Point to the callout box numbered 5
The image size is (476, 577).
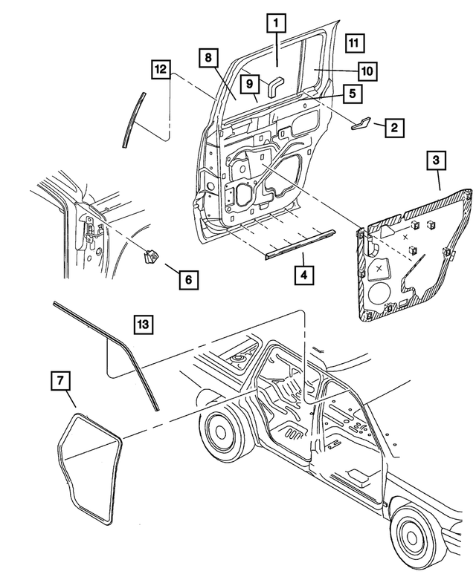pyautogui.click(x=353, y=94)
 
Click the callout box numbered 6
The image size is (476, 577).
pyautogui.click(x=188, y=280)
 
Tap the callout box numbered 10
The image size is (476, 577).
pyautogui.click(x=366, y=71)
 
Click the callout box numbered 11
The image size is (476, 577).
pyautogui.click(x=356, y=43)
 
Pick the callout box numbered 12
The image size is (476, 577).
pyautogui.click(x=159, y=69)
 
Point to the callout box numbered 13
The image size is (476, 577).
pyautogui.click(x=144, y=325)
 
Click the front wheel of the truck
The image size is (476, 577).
pyautogui.click(x=219, y=430)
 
